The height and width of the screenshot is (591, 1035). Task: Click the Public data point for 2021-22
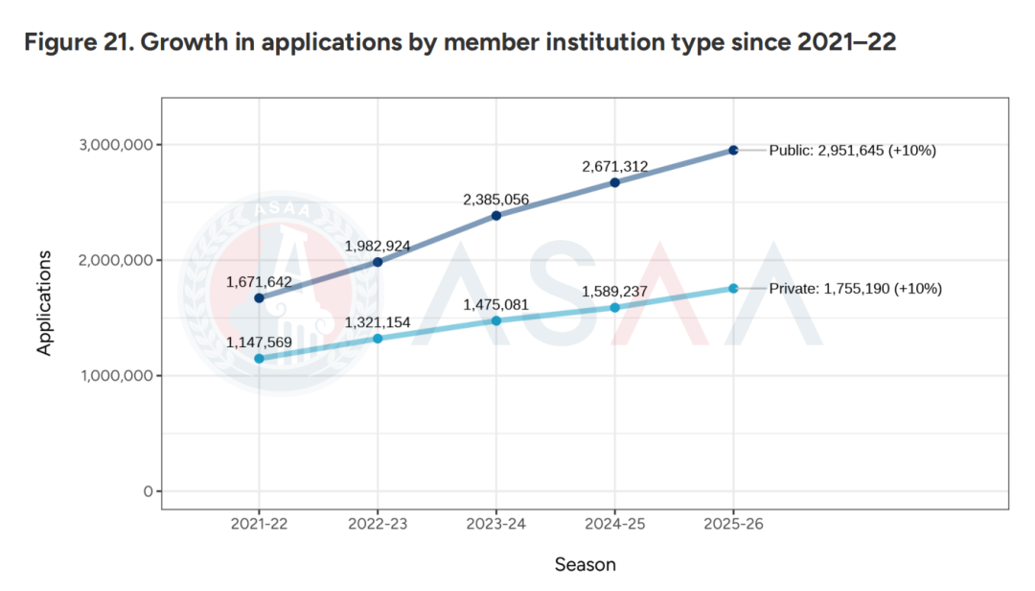click(259, 298)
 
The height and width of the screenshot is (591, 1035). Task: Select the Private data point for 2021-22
click(259, 359)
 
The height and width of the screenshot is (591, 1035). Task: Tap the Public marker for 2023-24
click(496, 216)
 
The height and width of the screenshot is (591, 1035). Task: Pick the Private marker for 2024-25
click(614, 308)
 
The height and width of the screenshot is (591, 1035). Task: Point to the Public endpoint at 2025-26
click(733, 151)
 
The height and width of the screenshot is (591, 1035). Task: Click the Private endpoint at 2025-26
click(733, 289)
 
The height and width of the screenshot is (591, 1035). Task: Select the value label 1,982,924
click(378, 247)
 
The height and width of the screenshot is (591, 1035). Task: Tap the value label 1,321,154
click(378, 322)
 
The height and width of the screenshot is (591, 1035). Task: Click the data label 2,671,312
click(614, 167)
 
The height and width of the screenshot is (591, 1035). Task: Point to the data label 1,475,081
click(496, 305)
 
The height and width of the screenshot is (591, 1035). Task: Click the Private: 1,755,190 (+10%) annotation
click(856, 288)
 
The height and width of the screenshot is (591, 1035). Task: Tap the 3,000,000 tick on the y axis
click(112, 145)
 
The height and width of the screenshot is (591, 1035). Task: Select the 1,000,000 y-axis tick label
click(112, 376)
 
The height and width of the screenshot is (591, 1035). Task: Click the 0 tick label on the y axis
click(147, 491)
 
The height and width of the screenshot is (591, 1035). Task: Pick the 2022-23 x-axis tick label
click(378, 526)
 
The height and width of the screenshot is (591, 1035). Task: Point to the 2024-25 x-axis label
click(614, 526)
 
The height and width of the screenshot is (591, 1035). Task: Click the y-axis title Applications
click(44, 304)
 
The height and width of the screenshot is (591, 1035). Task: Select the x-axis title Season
click(585, 564)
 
